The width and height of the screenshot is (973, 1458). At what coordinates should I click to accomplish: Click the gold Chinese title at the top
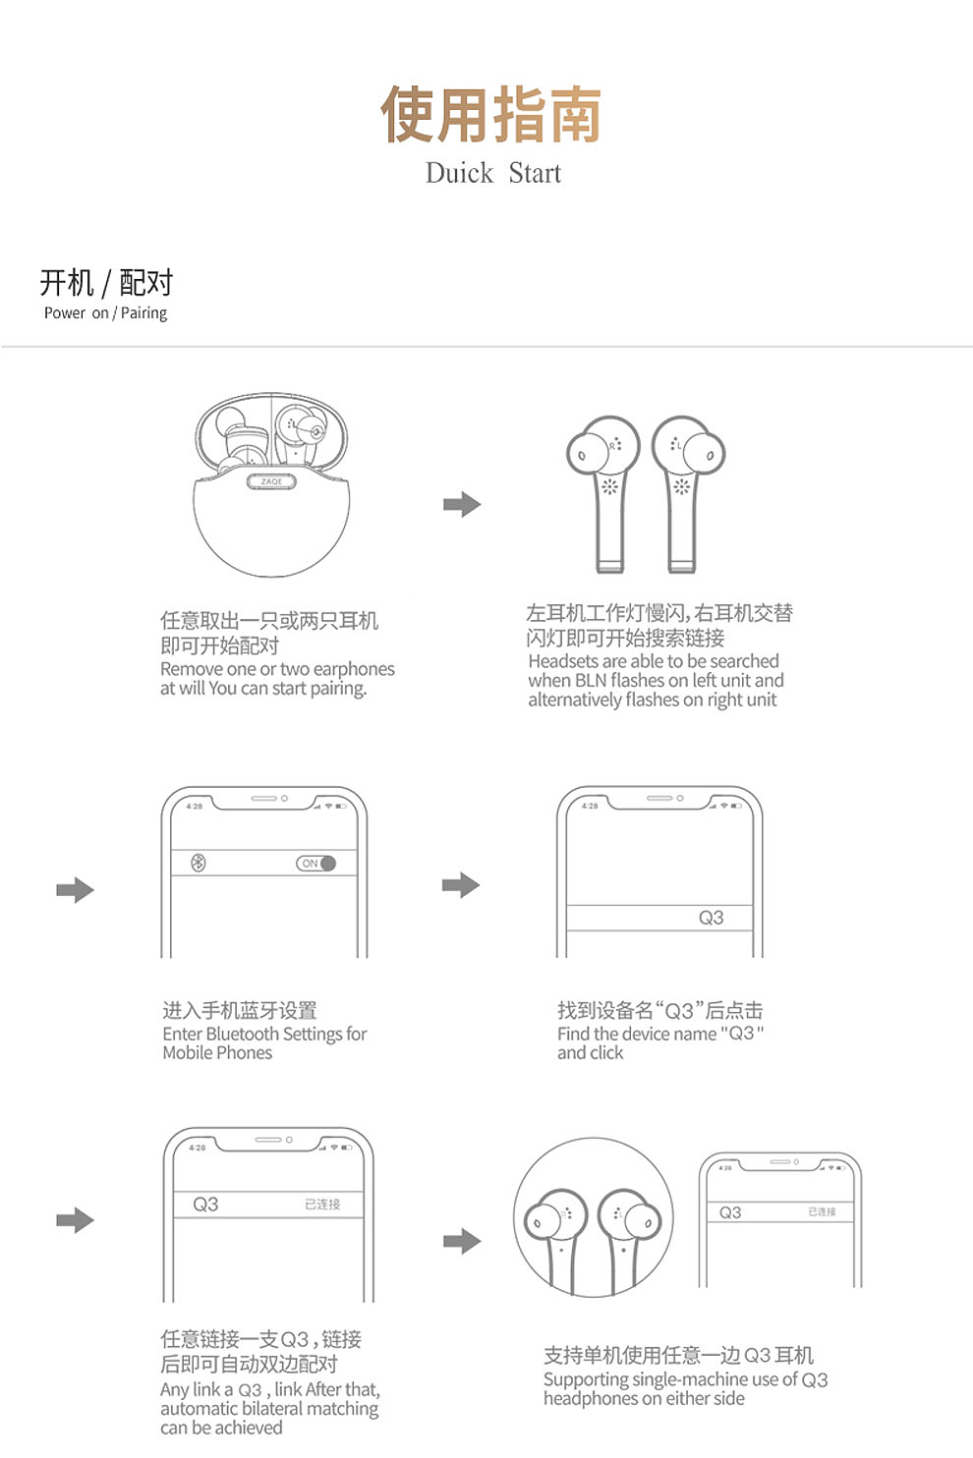[x=490, y=115]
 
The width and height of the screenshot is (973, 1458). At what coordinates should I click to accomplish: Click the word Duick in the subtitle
[x=459, y=174]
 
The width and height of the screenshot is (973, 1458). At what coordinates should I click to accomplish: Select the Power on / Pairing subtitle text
[x=105, y=313]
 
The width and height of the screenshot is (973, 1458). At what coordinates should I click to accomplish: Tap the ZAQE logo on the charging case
[x=271, y=481]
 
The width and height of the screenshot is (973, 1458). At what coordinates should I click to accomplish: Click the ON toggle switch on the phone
[x=316, y=864]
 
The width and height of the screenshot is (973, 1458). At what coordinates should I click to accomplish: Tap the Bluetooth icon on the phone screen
[x=198, y=863]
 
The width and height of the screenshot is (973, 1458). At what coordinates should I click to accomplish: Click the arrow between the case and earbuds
[x=462, y=505]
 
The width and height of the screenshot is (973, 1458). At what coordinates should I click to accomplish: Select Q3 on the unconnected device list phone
[x=711, y=918]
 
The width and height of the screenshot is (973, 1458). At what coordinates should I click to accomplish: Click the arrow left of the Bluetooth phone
[x=75, y=890]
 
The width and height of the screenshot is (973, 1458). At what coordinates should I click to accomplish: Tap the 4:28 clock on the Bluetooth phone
[x=195, y=806]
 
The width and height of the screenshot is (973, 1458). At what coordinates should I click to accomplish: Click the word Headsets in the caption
[x=562, y=661]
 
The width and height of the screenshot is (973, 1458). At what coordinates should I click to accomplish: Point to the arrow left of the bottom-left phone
[x=75, y=1220]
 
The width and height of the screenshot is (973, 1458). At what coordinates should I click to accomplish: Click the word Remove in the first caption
[x=189, y=669]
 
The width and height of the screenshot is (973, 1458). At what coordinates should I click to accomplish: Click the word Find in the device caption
[x=573, y=1034]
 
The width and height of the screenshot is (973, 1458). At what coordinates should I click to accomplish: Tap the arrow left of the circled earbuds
[x=462, y=1241]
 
